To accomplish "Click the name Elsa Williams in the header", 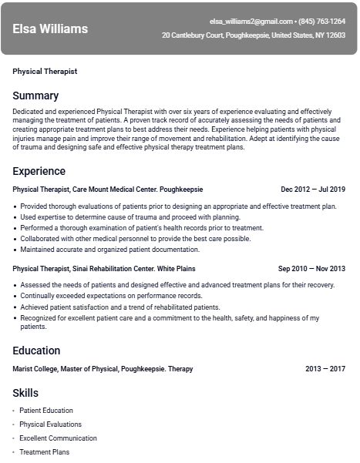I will (50, 29).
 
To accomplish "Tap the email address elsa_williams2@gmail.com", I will (251, 22).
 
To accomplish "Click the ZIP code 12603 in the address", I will (335, 35).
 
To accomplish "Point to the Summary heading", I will (35, 96).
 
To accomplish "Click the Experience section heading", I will (39, 171).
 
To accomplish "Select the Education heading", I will (37, 351).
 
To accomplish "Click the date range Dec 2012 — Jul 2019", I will (313, 190).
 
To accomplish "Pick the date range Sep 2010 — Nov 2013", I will (311, 269).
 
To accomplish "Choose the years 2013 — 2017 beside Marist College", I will (325, 369).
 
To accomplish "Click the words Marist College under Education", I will (38, 369).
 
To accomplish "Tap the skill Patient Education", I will (46, 411).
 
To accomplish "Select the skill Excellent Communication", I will (58, 438).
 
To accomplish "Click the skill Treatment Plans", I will (44, 452).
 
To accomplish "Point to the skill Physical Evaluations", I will (51, 424).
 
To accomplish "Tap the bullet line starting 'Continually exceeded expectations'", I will (111, 296).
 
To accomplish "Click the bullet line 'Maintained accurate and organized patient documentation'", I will (109, 250).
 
